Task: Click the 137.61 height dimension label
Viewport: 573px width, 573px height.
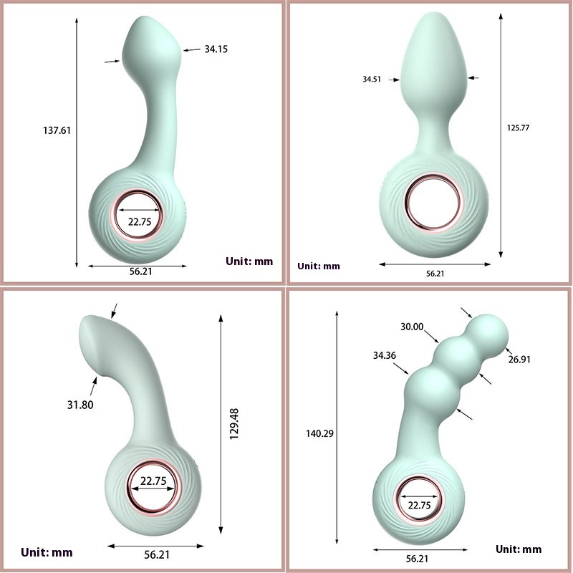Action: tap(57, 130)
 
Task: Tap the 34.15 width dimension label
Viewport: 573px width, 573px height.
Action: tap(216, 49)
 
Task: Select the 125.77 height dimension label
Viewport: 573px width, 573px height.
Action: tap(518, 128)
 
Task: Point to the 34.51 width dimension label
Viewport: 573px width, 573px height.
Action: tap(372, 79)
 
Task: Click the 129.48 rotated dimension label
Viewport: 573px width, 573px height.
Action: tap(234, 424)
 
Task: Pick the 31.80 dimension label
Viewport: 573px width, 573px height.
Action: tap(80, 405)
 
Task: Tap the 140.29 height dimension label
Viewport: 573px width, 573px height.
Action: tap(319, 433)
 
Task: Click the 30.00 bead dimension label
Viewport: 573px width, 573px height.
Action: tap(412, 327)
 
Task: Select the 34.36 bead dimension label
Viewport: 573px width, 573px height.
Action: tap(385, 355)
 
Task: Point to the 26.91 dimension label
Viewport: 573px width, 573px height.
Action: tap(519, 360)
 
